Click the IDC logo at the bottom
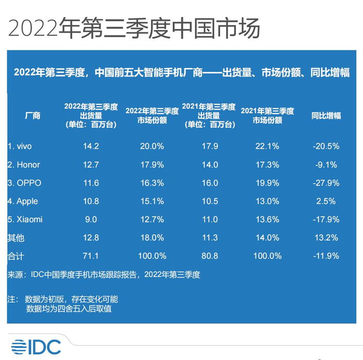[36, 347]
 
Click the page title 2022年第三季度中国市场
[134, 28]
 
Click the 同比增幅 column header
[326, 116]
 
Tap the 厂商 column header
[33, 116]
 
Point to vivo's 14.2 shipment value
[91, 146]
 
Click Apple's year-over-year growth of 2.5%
[326, 201]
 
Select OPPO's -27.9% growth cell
[326, 183]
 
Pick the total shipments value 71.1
[91, 256]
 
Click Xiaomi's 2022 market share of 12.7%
[152, 219]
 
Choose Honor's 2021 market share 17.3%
[267, 165]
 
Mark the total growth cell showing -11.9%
[326, 256]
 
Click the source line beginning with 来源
[104, 275]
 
